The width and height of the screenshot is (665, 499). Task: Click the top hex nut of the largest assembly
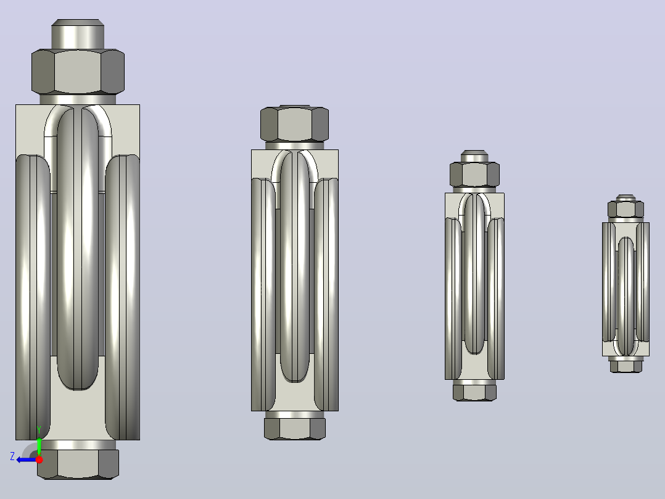pyautogui.click(x=78, y=72)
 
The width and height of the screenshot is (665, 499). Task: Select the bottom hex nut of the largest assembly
pyautogui.click(x=78, y=464)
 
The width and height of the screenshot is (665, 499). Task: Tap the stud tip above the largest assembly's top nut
pyautogui.click(x=78, y=34)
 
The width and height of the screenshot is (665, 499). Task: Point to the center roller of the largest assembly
pyautogui.click(x=78, y=248)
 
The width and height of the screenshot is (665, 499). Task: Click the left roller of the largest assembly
pyautogui.click(x=33, y=297)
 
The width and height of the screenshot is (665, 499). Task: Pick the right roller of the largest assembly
pyautogui.click(x=123, y=297)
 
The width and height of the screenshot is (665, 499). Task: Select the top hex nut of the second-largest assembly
pyautogui.click(x=294, y=124)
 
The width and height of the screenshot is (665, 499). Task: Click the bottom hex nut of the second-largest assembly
pyautogui.click(x=295, y=429)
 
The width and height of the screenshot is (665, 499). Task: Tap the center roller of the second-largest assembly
pyautogui.click(x=295, y=267)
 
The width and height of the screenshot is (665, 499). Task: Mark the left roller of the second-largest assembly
pyautogui.click(x=263, y=295)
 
